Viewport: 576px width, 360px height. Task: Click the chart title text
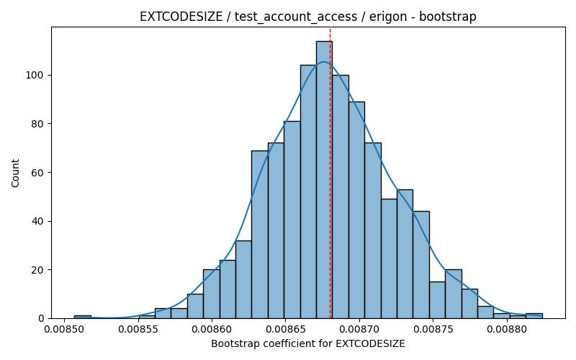click(x=308, y=17)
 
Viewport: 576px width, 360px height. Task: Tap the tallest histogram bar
click(x=325, y=179)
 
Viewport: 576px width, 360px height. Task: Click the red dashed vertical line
click(x=330, y=173)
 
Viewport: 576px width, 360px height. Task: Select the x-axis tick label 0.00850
click(x=65, y=328)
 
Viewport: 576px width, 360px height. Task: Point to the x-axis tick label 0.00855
click(x=138, y=328)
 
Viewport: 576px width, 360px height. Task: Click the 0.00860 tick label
click(x=212, y=328)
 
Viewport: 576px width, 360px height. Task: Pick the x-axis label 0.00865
click(x=286, y=328)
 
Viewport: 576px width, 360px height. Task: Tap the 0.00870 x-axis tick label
click(x=359, y=328)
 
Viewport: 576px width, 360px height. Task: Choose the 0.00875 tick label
click(x=433, y=328)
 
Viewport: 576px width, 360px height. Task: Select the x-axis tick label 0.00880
click(x=508, y=328)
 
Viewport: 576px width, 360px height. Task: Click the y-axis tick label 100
click(x=35, y=76)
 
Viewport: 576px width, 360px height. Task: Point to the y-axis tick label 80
click(x=38, y=124)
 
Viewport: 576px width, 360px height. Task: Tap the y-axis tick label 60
click(x=38, y=173)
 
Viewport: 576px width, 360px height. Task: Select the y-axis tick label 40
click(x=38, y=221)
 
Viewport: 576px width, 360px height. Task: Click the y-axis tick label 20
click(x=38, y=270)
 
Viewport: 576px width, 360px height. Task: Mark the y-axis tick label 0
click(x=41, y=318)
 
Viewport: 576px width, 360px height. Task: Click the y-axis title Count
click(x=15, y=173)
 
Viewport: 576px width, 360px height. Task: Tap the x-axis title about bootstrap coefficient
click(x=308, y=344)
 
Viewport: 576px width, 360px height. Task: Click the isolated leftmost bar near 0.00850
click(x=82, y=317)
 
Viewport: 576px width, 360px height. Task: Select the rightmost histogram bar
click(x=534, y=316)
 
